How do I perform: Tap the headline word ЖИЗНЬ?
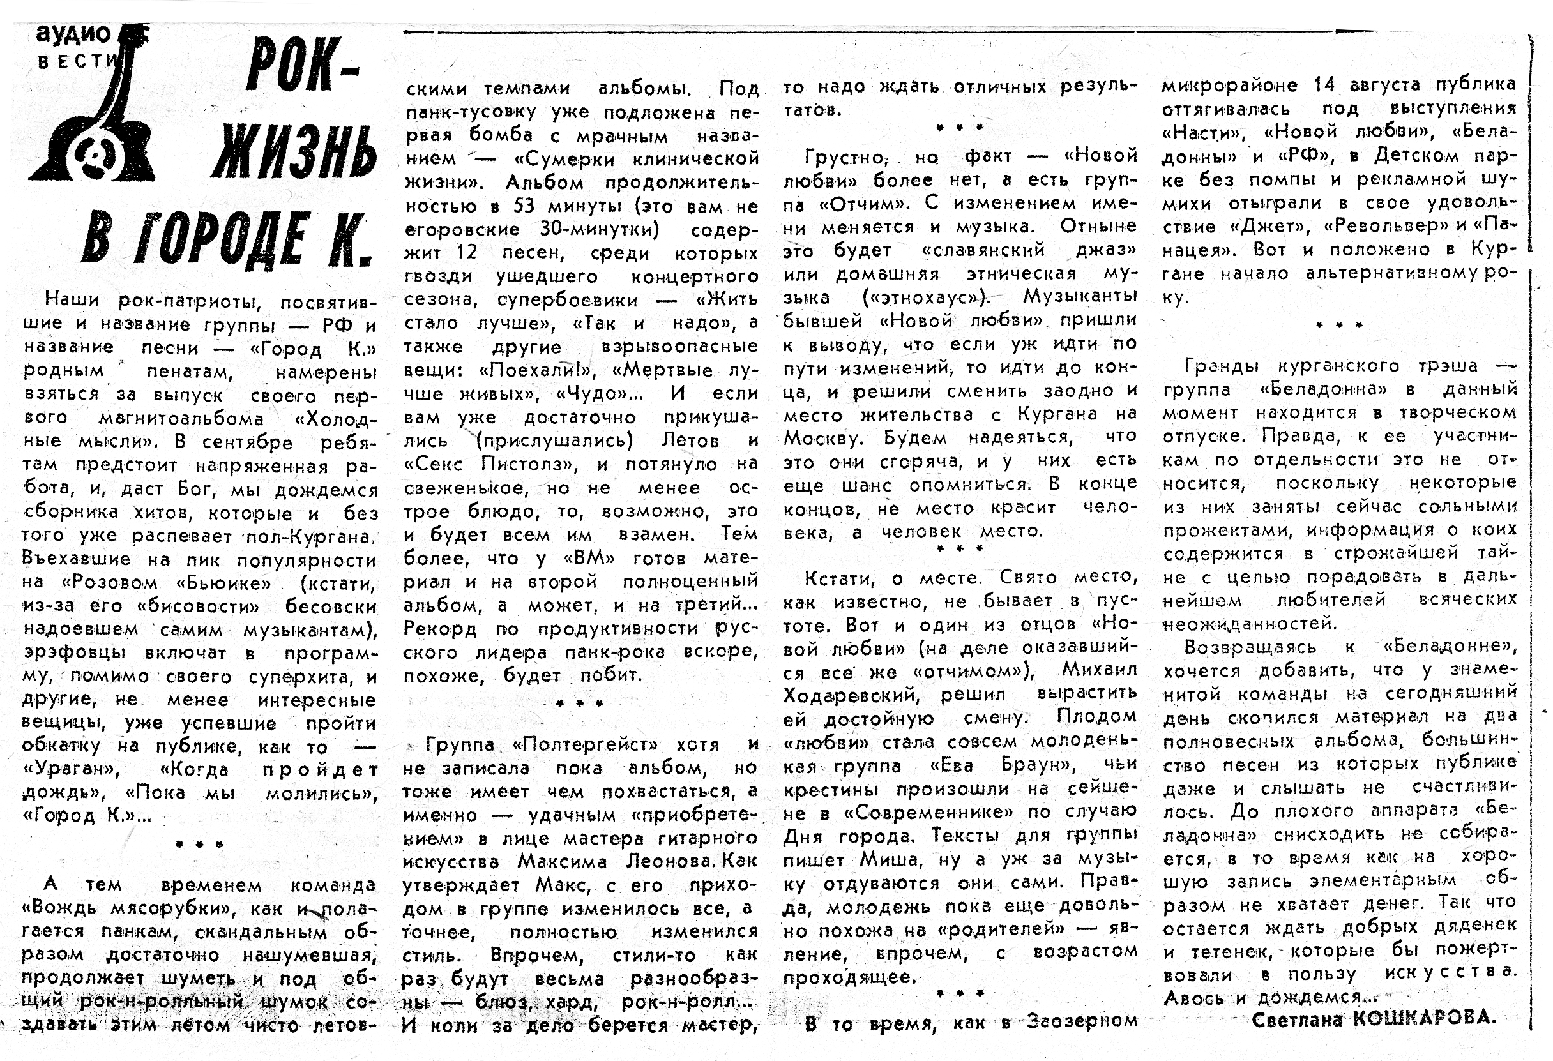294,153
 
